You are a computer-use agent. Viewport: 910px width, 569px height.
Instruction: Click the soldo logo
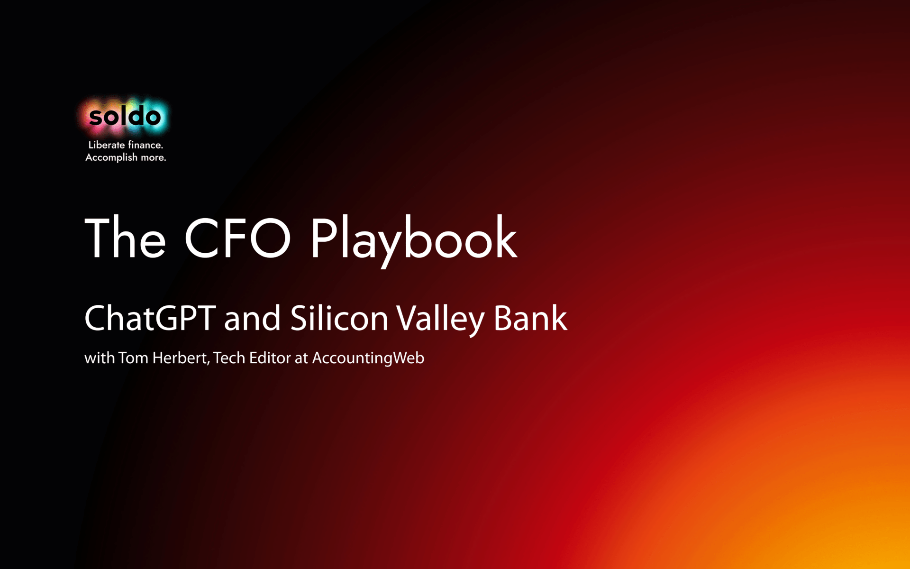[125, 116]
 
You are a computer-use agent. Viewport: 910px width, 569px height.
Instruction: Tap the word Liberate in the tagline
[107, 145]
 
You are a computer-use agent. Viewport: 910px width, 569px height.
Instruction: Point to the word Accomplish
[111, 157]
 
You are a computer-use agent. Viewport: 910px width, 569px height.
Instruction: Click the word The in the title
[125, 237]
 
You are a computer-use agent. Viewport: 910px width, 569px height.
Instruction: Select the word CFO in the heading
[237, 237]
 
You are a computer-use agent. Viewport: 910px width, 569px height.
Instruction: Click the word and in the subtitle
[252, 319]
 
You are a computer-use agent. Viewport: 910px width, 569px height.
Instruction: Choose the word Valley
[440, 320]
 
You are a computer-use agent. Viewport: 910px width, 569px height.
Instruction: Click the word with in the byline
[100, 358]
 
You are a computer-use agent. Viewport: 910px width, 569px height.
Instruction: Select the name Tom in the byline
[133, 358]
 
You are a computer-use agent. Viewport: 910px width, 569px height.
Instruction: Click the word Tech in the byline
[229, 358]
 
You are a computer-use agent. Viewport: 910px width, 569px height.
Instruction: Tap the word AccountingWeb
[368, 358]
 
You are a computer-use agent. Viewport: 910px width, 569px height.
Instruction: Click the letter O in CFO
[270, 237]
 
